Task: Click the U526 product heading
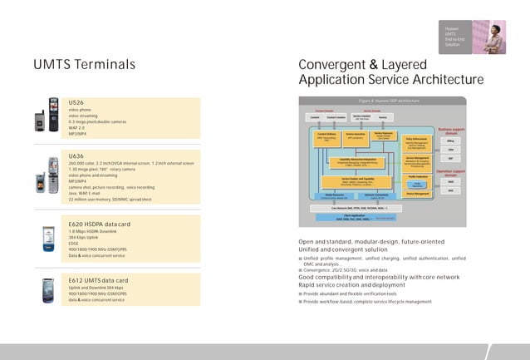(x=76, y=101)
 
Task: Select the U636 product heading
(x=76, y=155)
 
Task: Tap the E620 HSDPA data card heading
(x=99, y=224)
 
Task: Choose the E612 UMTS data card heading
(x=97, y=280)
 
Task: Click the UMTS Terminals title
(x=84, y=65)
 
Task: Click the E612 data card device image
(x=49, y=289)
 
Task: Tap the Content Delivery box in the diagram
(x=326, y=137)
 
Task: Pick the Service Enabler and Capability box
(x=357, y=181)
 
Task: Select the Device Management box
(x=418, y=194)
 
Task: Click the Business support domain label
(x=451, y=131)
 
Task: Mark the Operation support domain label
(x=450, y=173)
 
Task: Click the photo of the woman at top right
(x=488, y=37)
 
